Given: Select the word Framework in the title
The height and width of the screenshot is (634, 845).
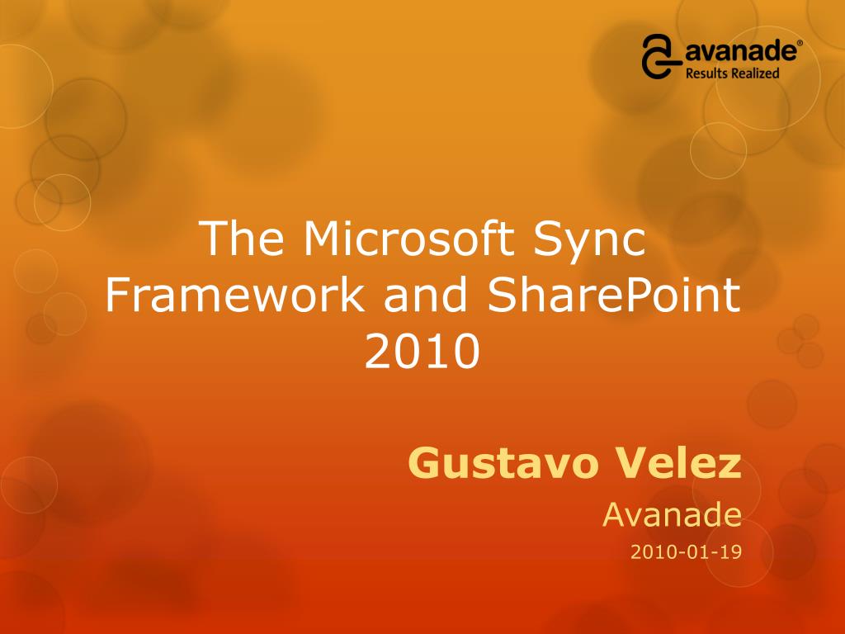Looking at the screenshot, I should [x=234, y=296].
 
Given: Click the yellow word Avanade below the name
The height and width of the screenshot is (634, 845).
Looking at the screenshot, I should [x=672, y=515].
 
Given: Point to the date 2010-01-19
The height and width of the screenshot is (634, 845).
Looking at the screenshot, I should [x=686, y=552].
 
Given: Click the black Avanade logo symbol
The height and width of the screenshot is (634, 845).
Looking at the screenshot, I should [x=660, y=56].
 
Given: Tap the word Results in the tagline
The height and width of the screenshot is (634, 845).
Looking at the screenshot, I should [x=707, y=73].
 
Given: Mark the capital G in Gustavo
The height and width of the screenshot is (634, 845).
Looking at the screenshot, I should [x=423, y=464].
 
